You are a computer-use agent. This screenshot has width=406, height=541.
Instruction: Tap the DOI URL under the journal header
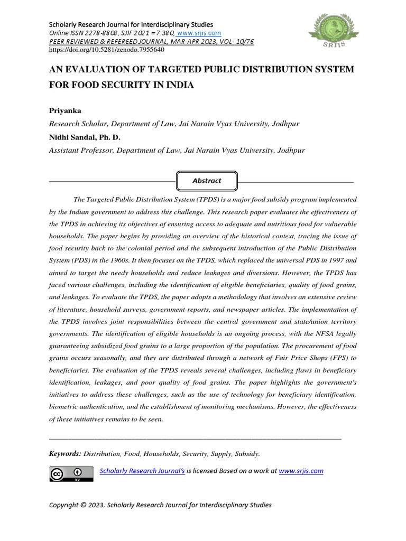point(107,50)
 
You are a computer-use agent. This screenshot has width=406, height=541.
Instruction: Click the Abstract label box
point(207,181)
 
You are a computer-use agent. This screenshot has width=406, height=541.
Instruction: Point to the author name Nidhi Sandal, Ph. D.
point(85,137)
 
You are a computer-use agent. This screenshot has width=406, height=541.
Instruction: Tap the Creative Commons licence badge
point(67,474)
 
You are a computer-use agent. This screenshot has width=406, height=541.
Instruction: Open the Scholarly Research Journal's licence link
point(142,471)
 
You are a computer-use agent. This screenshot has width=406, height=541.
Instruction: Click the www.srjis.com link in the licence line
point(301,471)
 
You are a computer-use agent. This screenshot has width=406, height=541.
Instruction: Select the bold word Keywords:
point(65,453)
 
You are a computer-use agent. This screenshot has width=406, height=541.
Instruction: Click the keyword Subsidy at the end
point(247,453)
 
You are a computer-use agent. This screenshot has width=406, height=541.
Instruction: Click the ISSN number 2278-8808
point(100,33)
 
